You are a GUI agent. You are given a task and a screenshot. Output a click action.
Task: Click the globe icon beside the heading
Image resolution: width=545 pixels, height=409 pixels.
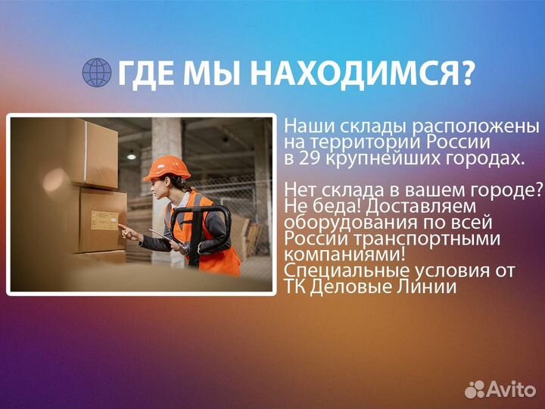[96, 73]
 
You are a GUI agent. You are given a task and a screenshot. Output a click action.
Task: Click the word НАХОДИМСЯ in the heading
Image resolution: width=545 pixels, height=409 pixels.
[363, 73]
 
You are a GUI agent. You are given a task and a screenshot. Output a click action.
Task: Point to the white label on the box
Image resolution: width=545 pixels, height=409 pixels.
[104, 220]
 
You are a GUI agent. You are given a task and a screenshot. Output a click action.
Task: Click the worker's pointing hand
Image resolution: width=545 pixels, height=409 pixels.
[126, 231]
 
